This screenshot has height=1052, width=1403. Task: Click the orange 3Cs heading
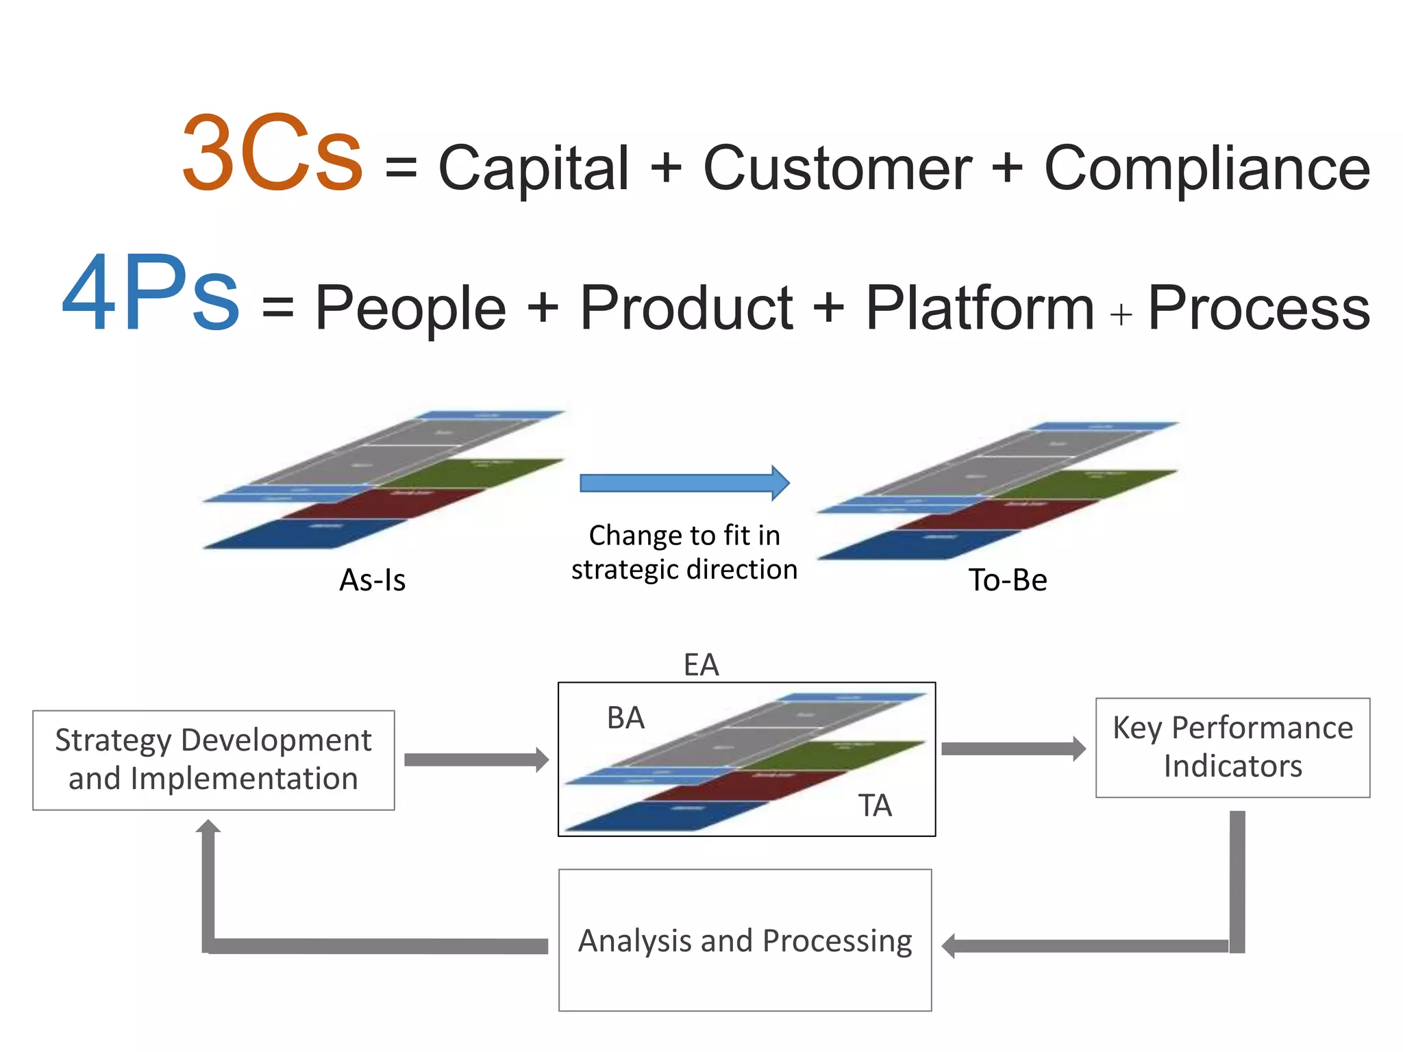pos(272,153)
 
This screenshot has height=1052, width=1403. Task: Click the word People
pos(410,308)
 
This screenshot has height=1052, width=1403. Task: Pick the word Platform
pos(980,308)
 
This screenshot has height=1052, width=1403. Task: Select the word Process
pos(1258,308)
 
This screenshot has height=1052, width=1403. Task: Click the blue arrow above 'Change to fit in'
pos(684,484)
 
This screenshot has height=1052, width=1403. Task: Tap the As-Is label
pos(373,580)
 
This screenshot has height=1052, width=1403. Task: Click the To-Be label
pos(1007,580)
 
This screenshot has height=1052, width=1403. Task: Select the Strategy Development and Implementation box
pos(213,760)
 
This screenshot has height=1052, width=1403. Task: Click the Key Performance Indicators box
pos(1232,747)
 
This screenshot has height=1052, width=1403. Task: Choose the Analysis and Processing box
pos(745,940)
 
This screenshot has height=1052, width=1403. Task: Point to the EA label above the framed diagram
pos(701,665)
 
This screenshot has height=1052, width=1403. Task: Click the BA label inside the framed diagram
pos(625,718)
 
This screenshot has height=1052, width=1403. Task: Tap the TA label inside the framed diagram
pos(875,805)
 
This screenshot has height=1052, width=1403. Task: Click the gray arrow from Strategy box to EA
pos(475,760)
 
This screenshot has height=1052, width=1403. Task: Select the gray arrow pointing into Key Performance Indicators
pos(1013,749)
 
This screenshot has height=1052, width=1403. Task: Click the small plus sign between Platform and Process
pos(1121,315)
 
